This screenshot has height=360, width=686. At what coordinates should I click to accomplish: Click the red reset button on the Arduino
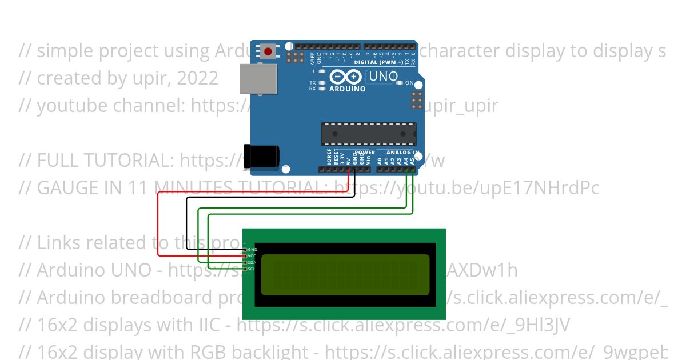click(269, 51)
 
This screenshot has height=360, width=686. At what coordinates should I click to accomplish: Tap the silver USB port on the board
click(258, 79)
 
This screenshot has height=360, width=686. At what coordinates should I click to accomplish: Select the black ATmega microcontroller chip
click(368, 134)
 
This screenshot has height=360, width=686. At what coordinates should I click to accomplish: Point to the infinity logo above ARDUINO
click(346, 77)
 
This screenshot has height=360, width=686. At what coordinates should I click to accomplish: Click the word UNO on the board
click(383, 76)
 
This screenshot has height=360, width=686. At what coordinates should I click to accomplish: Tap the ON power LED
click(400, 83)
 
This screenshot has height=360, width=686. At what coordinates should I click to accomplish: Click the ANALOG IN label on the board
click(402, 153)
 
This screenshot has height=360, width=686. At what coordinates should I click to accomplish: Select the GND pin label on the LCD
click(252, 250)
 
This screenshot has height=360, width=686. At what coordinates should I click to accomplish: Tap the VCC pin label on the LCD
click(252, 256)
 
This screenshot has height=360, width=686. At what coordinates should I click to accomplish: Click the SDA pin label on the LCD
click(252, 262)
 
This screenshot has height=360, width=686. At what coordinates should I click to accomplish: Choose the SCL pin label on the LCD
click(252, 269)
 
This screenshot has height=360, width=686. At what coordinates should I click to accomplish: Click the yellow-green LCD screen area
click(345, 275)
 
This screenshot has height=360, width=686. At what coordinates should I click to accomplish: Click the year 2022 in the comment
click(197, 78)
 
